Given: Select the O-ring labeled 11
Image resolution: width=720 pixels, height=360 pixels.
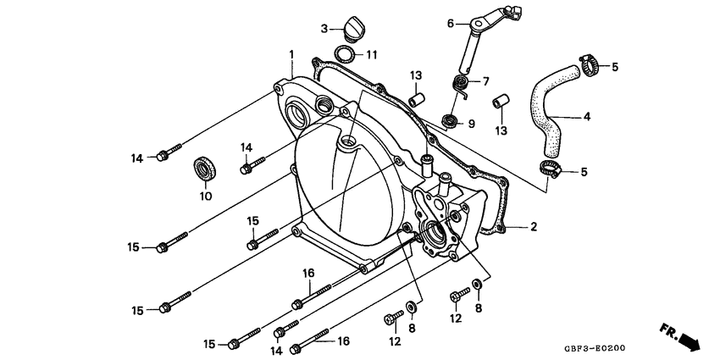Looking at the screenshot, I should pyautogui.click(x=346, y=56).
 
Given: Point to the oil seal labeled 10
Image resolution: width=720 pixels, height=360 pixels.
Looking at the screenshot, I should pyautogui.click(x=204, y=168).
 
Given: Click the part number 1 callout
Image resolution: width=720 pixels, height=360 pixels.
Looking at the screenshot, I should pyautogui.click(x=291, y=54).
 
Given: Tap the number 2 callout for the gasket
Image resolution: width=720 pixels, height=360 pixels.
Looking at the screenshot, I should pyautogui.click(x=534, y=227).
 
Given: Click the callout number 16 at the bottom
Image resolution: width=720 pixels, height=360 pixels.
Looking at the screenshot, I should pyautogui.click(x=344, y=341).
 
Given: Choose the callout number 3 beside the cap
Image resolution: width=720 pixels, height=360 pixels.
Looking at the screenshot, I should pyautogui.click(x=324, y=29).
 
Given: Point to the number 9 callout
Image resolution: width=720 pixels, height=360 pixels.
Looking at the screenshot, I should pyautogui.click(x=471, y=124).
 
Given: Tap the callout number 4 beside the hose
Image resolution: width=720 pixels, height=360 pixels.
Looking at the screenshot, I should pyautogui.click(x=586, y=117).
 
